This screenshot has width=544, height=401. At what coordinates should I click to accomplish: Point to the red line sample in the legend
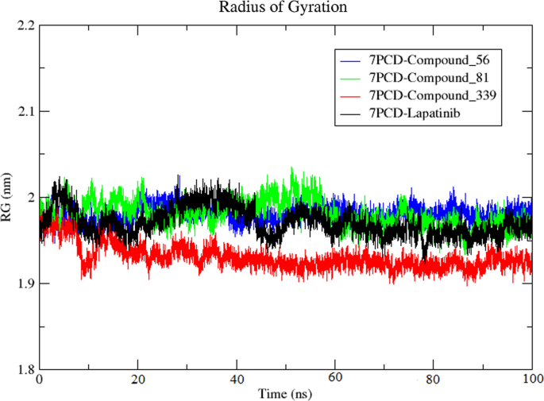coord(351,96)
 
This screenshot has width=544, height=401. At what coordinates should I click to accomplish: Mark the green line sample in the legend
coord(351,79)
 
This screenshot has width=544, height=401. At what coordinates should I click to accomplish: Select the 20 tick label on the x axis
coord(138,381)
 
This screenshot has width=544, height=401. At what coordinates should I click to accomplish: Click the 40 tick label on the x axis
coord(237,381)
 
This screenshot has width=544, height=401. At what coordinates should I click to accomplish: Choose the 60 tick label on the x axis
coord(336,381)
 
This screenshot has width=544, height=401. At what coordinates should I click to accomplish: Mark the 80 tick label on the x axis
coord(434,381)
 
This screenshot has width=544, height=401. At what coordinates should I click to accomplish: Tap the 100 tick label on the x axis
coord(530,381)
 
